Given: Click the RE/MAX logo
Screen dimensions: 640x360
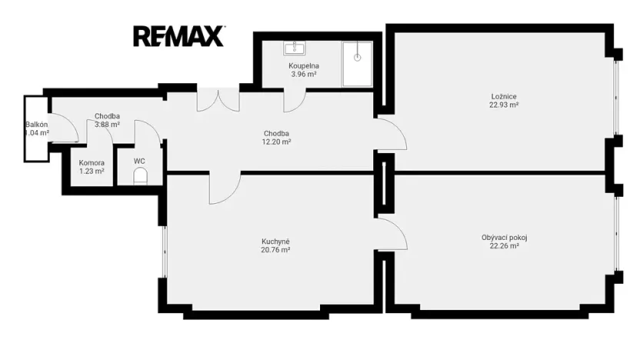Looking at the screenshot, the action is [178, 36].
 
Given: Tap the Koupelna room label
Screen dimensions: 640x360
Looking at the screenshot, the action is [304, 65].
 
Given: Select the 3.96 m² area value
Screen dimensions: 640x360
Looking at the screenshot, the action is [304, 75].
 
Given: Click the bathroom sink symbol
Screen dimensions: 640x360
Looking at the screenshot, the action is [295, 48].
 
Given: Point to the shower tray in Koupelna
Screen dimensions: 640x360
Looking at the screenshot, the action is [357, 64].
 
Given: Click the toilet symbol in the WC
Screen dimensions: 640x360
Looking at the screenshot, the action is [140, 176].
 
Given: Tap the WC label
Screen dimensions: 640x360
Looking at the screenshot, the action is [139, 162].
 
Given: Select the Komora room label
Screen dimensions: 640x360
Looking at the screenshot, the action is [92, 163].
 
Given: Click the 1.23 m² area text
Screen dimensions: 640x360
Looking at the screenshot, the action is [92, 172].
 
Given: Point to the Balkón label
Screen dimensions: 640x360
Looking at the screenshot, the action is [37, 125].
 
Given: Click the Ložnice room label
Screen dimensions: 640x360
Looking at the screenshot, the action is [504, 97].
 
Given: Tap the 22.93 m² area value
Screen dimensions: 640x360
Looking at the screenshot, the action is [504, 105].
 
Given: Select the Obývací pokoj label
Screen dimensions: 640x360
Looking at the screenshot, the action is [504, 238].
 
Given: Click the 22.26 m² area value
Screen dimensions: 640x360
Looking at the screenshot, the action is [504, 245].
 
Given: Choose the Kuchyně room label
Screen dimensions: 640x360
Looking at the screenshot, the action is [275, 242].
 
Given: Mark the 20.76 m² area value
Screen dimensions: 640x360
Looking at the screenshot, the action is [275, 250].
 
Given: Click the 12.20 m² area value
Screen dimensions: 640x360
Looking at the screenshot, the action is [276, 142].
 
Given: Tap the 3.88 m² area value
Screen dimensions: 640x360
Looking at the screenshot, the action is [107, 125].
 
